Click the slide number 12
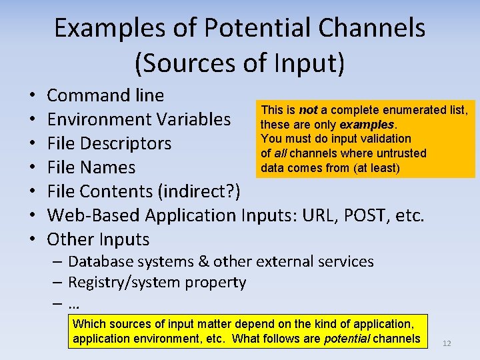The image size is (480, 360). click(x=447, y=343)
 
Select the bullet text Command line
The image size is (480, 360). click(x=105, y=95)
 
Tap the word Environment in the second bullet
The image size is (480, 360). click(x=99, y=119)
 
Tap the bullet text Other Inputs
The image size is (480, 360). click(x=98, y=239)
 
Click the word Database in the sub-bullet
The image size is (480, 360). click(x=104, y=261)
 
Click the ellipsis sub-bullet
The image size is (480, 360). click(x=73, y=305)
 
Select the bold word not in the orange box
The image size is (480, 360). click(x=308, y=110)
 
